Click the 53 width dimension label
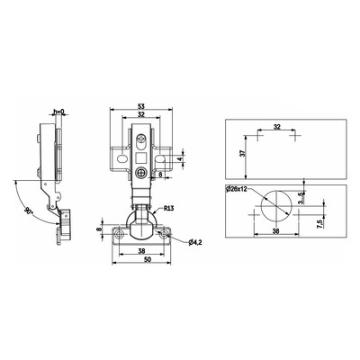pos(141,106)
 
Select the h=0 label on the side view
pos(58,112)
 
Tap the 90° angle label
pos(28,211)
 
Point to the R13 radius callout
pos(168,208)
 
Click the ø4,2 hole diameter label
pos(195,243)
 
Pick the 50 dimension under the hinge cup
pos(147,259)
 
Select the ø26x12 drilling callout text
pos(237,189)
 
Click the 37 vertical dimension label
pos(243,153)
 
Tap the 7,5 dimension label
pos(319,224)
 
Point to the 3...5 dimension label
pos(301,198)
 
